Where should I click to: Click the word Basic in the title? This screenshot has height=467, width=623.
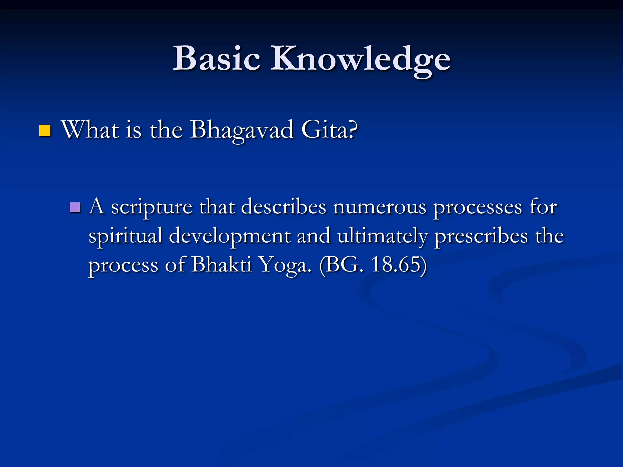point(217,58)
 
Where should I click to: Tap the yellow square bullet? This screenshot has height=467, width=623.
point(44,131)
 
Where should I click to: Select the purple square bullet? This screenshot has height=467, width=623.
point(75,207)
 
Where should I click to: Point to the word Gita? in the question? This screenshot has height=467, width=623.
point(329,130)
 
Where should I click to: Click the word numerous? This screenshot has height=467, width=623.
point(379,207)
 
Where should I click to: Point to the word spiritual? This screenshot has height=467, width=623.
point(125,237)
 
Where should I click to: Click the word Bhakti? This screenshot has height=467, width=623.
point(221,265)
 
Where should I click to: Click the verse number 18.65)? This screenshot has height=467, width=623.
point(399,265)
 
